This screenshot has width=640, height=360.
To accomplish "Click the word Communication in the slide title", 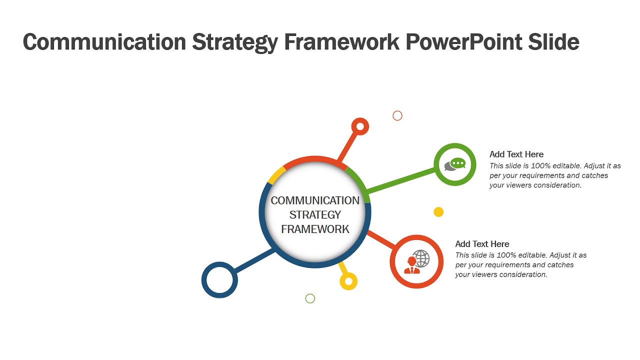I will [104, 42].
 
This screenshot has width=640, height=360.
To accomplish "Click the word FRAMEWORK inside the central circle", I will [315, 229].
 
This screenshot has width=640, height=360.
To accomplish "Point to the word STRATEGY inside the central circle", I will [315, 215].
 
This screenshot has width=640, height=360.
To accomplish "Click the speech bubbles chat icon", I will [455, 164].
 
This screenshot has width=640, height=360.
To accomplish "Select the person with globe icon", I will [416, 261].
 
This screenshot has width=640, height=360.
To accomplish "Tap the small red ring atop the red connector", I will [360, 126].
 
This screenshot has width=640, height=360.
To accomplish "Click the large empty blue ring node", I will [219, 279].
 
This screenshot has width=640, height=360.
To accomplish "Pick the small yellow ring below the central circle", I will [348, 281].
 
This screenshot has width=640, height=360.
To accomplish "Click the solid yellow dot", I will [438, 212].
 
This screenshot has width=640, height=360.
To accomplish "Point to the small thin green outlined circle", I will [310, 298].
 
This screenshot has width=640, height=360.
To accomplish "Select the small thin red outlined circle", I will [397, 116].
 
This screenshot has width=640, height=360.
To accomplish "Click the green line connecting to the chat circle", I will [400, 180].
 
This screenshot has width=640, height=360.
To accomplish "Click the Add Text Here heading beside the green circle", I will [516, 154].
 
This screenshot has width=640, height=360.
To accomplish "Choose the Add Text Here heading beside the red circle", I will [482, 244].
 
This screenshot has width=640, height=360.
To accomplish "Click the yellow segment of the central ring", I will [276, 175].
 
